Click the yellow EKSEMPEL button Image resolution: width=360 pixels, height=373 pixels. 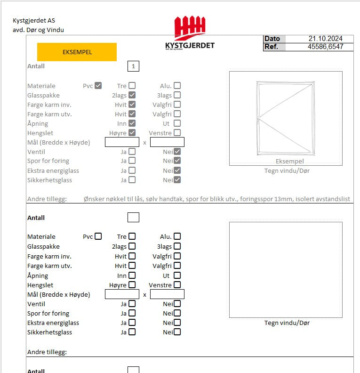77,52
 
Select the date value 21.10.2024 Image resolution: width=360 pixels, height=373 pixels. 325,39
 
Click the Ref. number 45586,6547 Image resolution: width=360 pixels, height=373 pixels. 325,47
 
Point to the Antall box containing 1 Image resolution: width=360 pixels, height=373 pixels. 133,66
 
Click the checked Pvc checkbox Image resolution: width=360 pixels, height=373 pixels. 98,86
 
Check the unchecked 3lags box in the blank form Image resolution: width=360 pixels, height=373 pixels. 177,246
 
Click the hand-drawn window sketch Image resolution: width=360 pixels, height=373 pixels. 286,118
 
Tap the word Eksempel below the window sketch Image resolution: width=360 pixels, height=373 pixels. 289,161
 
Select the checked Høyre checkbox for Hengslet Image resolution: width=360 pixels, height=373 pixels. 132,133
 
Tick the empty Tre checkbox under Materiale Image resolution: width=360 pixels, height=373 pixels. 132,236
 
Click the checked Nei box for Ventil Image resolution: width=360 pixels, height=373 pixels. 177,152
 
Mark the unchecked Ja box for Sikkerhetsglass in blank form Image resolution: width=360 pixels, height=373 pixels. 132,332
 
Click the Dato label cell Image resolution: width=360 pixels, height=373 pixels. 274,39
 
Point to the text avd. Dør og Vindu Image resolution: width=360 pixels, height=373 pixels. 38,30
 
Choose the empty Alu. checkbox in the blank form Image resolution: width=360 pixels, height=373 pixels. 177,236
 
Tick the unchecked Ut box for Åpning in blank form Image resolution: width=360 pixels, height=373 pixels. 177,276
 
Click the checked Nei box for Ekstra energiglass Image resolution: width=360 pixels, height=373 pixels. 177,170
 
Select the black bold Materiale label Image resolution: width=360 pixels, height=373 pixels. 41,237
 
